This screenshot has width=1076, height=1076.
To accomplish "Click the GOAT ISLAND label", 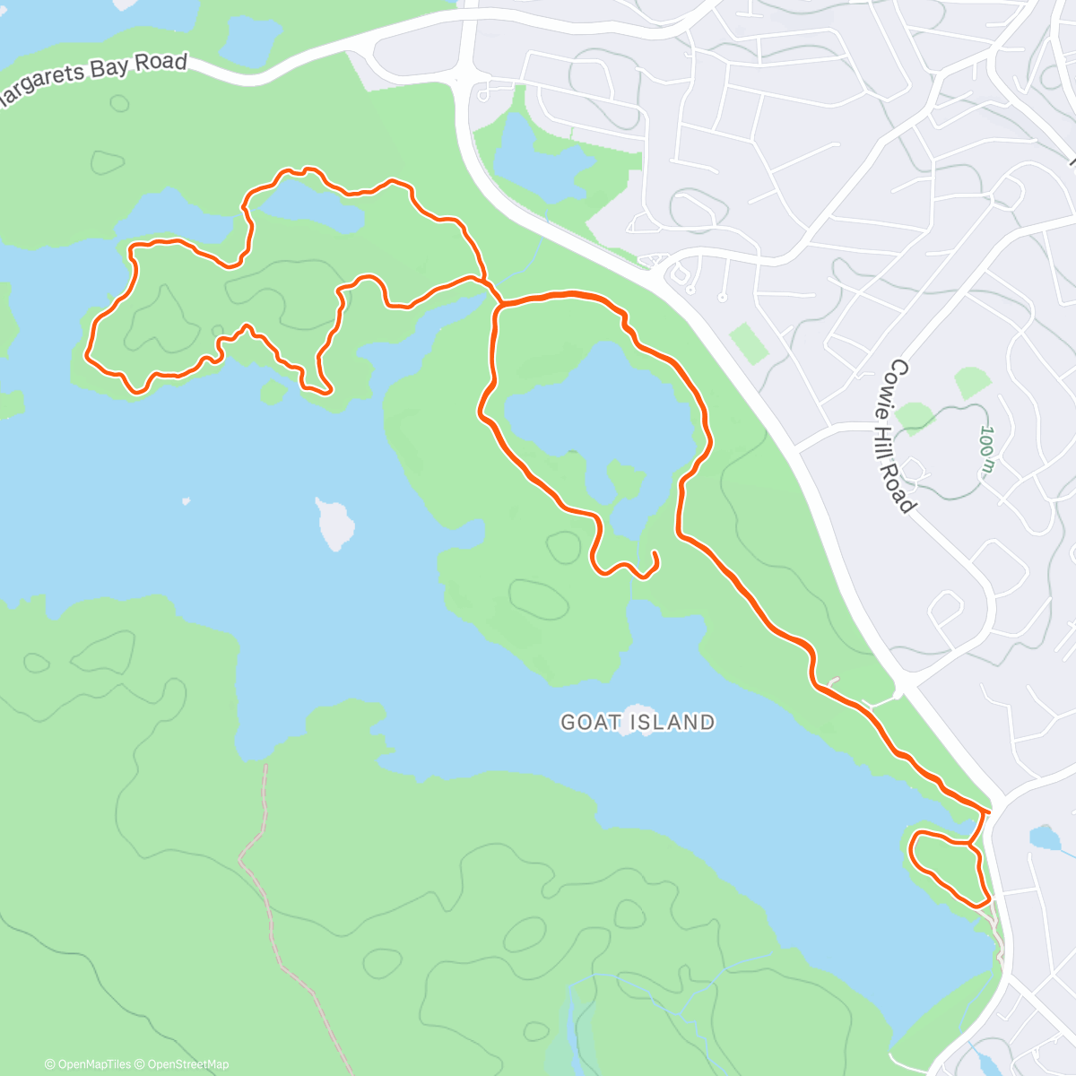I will [638, 722].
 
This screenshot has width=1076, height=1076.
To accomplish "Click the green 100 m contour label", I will [987, 450].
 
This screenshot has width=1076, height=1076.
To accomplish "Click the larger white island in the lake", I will [334, 524].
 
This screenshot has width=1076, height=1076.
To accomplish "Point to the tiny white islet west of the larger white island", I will [186, 501].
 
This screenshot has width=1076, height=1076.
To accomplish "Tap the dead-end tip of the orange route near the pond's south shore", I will [655, 556].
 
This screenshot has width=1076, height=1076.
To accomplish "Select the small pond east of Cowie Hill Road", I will [1045, 837].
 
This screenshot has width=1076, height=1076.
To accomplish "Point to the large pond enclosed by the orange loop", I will [596, 417].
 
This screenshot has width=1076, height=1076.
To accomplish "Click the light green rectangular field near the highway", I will [750, 343].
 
